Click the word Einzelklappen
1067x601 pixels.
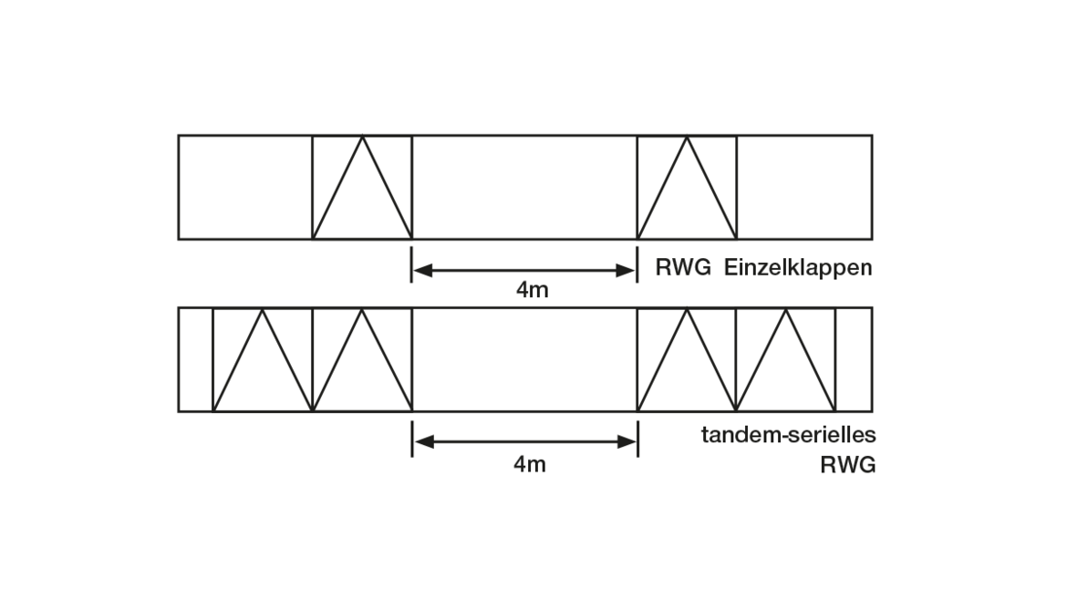point(798,268)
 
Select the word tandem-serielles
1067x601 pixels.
point(788,435)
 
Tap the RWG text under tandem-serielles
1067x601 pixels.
point(847,465)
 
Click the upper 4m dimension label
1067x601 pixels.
point(533,291)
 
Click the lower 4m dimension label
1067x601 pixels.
point(530,464)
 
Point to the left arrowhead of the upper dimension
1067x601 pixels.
point(421,270)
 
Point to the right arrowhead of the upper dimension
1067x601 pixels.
point(627,270)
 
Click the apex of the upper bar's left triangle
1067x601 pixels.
point(362,138)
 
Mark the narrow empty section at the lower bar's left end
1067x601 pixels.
point(195,359)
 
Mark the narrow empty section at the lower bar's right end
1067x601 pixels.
point(854,359)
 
